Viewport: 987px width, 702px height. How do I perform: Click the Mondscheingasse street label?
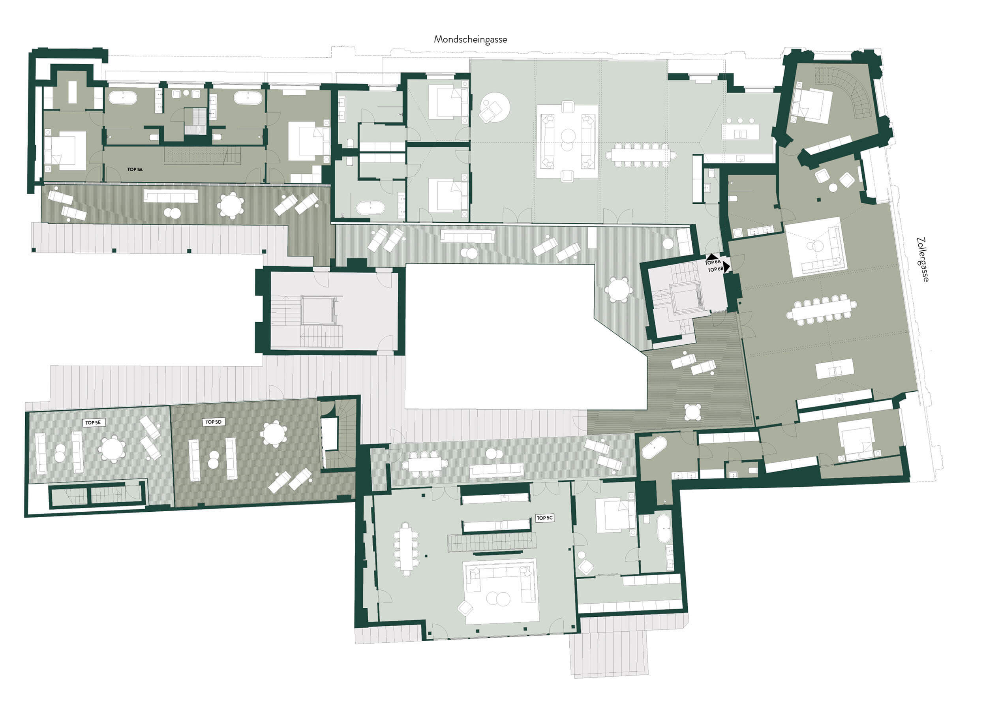470,39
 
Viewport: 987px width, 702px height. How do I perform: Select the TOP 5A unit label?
135,169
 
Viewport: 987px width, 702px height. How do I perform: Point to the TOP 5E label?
93,422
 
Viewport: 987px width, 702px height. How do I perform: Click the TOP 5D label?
214,422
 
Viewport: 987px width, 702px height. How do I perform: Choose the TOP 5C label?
544,518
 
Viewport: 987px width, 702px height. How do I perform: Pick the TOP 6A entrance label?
713,263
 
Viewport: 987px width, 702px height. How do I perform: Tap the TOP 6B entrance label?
716,270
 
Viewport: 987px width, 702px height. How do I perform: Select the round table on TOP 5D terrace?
274,434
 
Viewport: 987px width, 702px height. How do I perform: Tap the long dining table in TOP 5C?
406,548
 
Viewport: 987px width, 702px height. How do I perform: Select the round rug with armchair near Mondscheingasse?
494,107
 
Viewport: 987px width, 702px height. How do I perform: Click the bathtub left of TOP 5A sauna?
123,97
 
